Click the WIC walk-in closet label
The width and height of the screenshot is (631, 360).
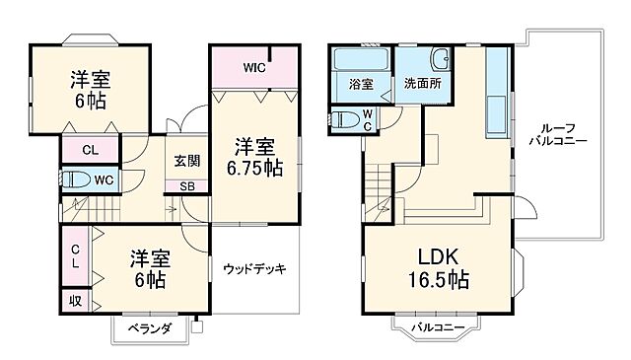tap(255, 68)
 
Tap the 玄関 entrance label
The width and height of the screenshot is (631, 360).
tap(187, 161)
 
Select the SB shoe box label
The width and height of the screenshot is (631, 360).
tap(186, 186)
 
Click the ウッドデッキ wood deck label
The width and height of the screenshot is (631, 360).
tap(253, 268)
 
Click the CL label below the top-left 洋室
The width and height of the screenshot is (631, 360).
tap(89, 151)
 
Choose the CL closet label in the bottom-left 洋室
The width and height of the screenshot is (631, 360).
tap(76, 254)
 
